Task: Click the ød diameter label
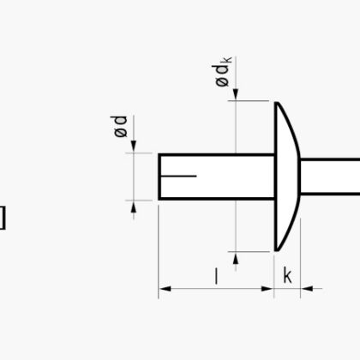[119, 126]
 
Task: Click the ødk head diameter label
[223, 72]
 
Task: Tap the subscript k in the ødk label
[228, 60]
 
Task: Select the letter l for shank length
[216, 276]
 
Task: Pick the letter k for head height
[287, 275]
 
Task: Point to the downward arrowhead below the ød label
[134, 146]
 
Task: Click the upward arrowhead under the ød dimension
[134, 207]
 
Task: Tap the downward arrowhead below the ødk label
[236, 93]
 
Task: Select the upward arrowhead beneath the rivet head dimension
[236, 259]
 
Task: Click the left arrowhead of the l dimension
[165, 289]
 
